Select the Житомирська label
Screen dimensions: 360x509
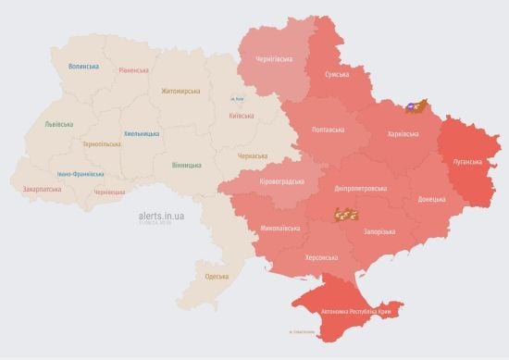180,91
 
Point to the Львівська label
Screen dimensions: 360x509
60,124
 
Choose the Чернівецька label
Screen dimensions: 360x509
109,192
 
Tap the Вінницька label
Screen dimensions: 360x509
186,165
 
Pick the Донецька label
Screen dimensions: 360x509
430,199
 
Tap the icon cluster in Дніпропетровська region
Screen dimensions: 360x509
347,215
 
